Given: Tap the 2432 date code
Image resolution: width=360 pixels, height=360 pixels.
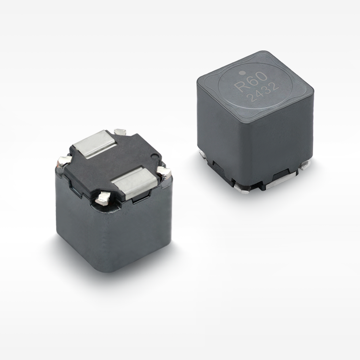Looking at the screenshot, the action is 264,92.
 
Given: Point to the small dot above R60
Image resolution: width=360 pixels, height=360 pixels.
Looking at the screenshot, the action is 241,73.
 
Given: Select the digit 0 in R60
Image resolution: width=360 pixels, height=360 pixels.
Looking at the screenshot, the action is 262,76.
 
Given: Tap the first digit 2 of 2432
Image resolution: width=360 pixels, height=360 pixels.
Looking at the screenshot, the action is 253,97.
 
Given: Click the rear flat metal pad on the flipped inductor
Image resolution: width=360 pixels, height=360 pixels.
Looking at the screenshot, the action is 95,144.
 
